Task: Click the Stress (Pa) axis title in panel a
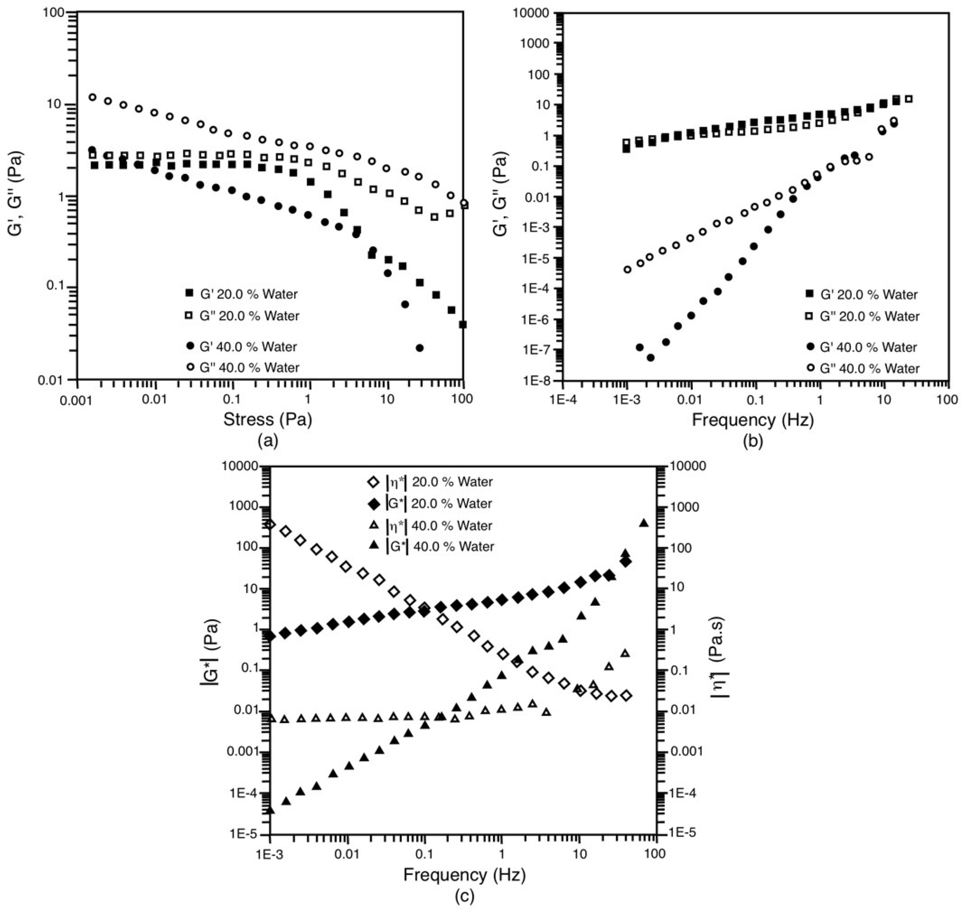pos(267,419)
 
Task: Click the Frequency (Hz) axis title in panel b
pos(752,420)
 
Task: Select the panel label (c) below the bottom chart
pos(464,896)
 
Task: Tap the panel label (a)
pos(268,441)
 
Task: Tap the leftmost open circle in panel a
pos(92,97)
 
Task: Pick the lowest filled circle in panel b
pos(651,358)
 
